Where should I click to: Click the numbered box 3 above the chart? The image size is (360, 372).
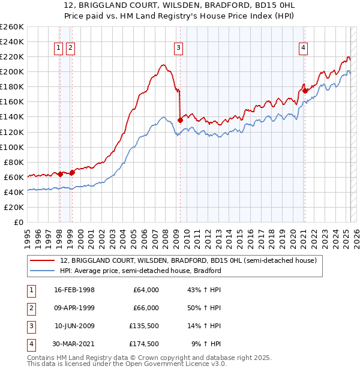(x=179, y=49)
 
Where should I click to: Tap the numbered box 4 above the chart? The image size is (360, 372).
(x=304, y=49)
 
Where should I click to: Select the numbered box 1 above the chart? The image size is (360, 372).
(x=59, y=49)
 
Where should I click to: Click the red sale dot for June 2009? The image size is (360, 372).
(x=180, y=120)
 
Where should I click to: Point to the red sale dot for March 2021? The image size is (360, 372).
(x=305, y=91)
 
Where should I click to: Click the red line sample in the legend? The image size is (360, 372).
(x=43, y=261)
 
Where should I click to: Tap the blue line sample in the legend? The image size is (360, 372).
(x=43, y=271)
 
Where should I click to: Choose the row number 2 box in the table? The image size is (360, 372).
(x=30, y=308)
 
